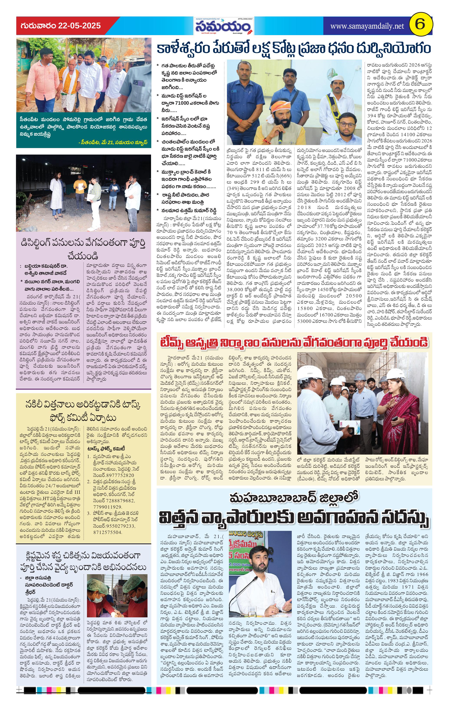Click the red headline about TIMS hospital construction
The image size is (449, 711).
click(294, 342)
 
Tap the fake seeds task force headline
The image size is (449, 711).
click(83, 411)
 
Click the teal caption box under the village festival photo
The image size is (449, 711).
click(84, 130)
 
